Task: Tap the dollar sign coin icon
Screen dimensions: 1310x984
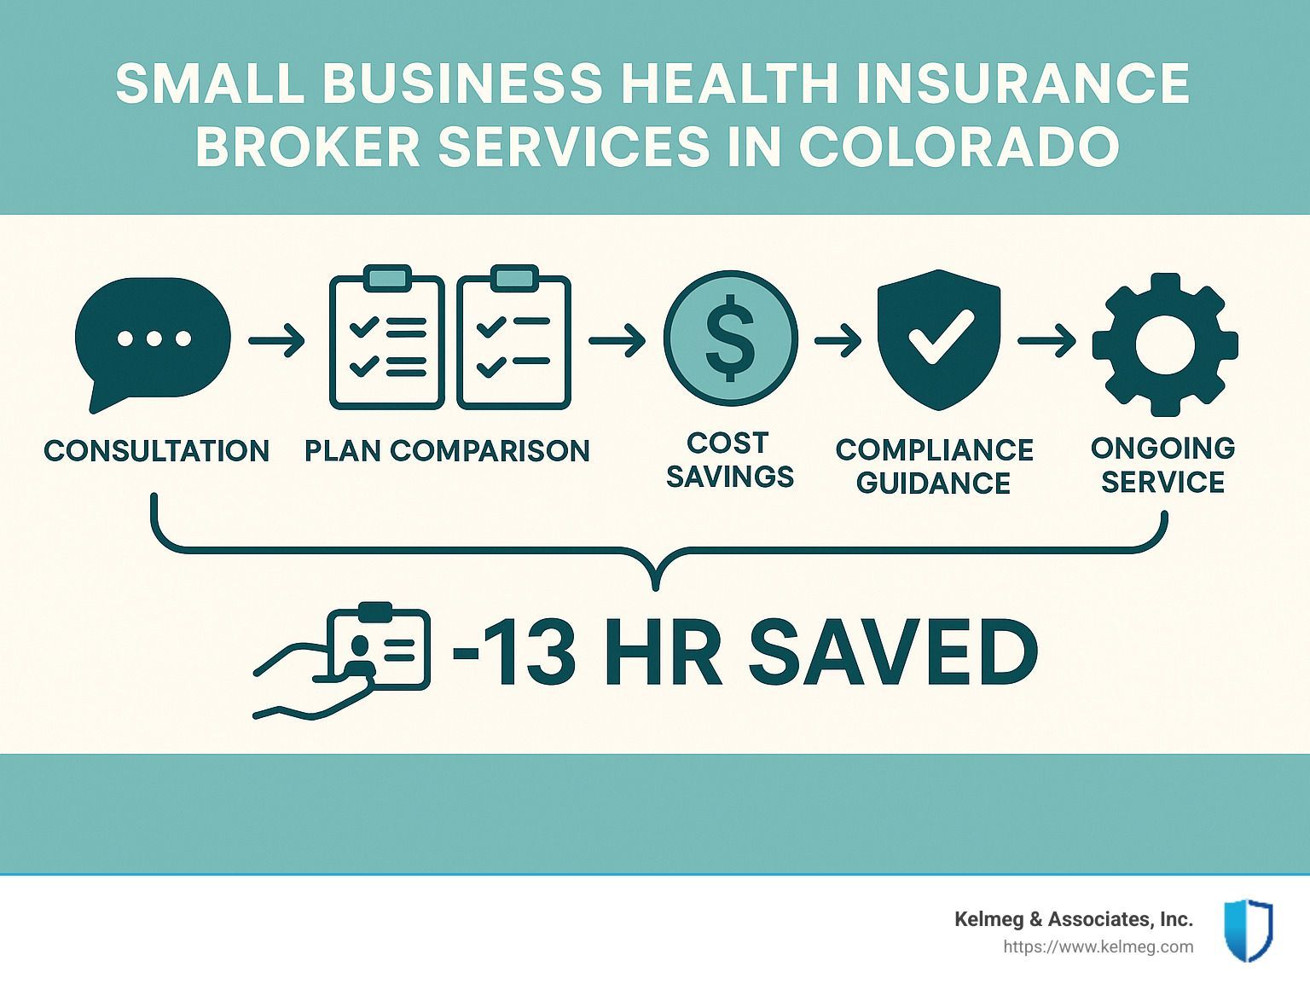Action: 730,338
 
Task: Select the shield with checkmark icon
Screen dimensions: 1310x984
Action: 939,339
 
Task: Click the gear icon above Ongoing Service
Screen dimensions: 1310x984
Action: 1165,344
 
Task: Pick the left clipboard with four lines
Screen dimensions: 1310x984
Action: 386,338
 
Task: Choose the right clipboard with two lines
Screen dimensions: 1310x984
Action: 514,338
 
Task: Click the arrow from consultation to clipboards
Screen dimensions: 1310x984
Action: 276,341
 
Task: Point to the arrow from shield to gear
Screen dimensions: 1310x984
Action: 1046,341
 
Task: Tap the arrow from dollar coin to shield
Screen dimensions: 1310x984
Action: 838,341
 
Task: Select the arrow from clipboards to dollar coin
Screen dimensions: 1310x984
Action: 617,341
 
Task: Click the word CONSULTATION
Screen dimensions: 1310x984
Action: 156,450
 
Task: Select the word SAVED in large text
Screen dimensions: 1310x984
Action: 894,652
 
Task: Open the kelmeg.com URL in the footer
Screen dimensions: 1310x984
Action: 1098,947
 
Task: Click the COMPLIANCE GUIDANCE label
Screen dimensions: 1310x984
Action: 934,466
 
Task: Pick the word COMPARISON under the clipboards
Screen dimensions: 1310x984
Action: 490,450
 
